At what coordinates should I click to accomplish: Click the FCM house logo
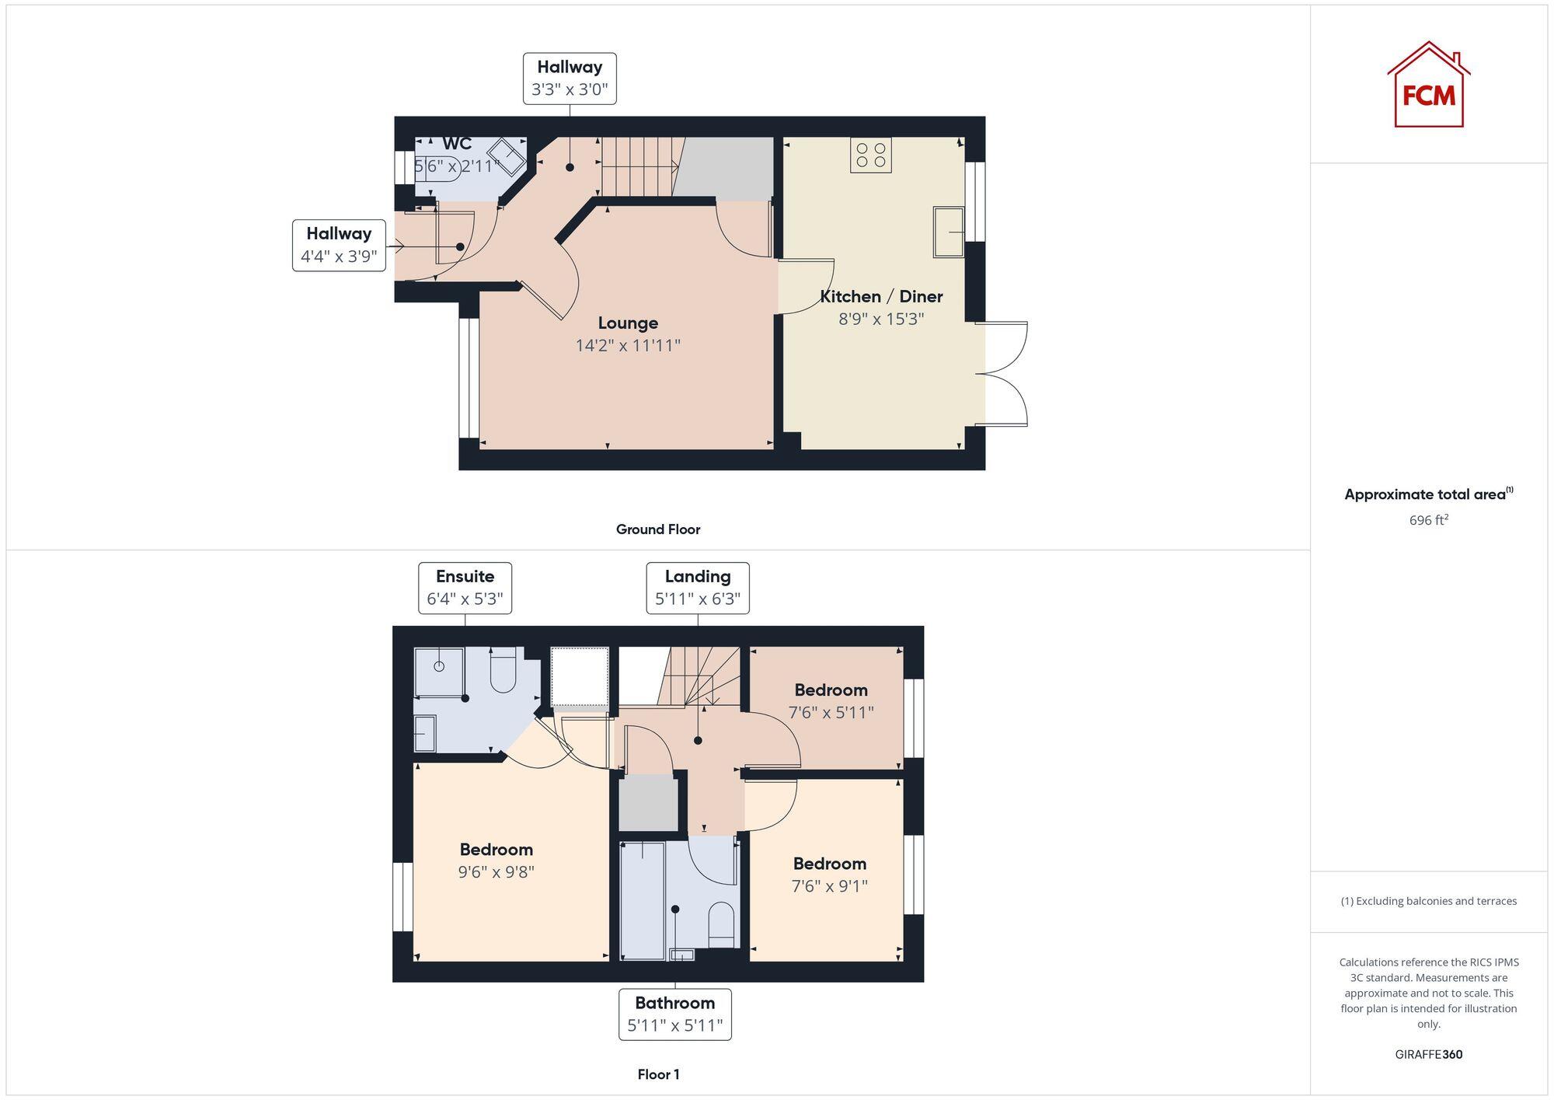click(x=1428, y=86)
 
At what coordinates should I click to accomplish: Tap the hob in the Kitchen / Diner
click(x=870, y=155)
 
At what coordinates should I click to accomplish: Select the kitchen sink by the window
click(x=948, y=232)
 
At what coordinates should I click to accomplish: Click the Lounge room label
click(x=628, y=323)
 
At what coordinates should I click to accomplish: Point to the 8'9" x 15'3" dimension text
click(x=881, y=319)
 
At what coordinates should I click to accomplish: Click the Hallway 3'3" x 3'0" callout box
click(x=570, y=78)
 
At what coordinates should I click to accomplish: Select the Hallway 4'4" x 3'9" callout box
click(x=339, y=245)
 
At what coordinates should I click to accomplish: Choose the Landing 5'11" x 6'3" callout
click(x=697, y=588)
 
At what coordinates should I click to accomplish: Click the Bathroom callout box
click(x=674, y=1014)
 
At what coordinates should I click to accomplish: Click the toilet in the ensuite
click(x=503, y=672)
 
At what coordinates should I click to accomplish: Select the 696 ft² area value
click(x=1428, y=520)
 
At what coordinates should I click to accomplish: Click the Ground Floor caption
click(x=657, y=529)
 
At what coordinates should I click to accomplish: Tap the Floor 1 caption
click(x=658, y=1074)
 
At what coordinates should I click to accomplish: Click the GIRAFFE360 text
click(x=1428, y=1054)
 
